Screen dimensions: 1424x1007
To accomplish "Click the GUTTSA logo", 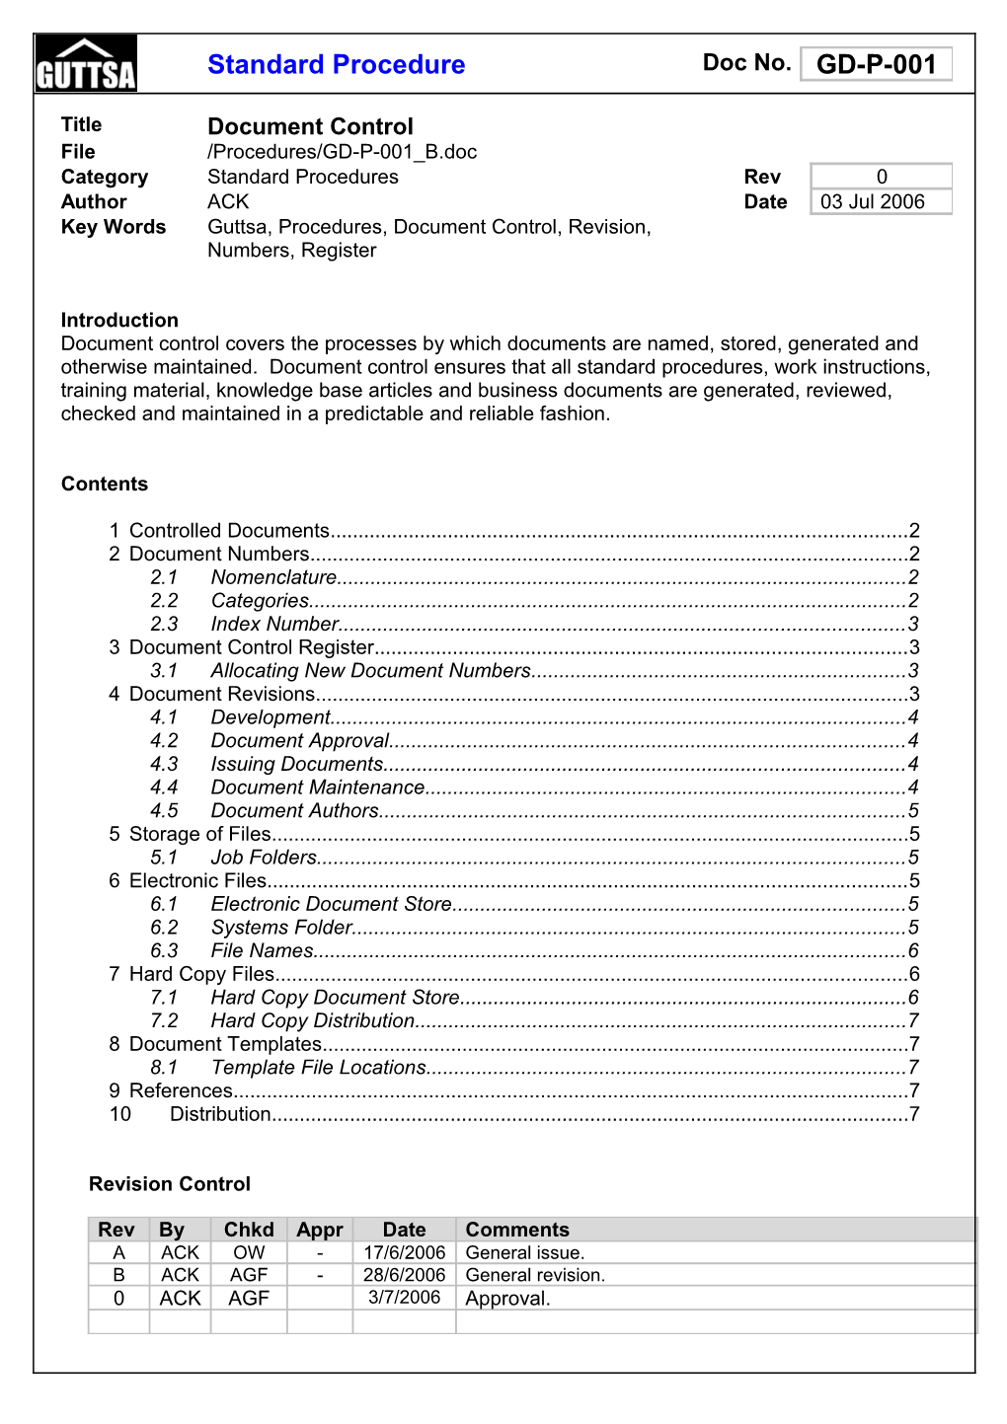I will pos(86,64).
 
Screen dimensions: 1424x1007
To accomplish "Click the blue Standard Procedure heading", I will pos(336,65).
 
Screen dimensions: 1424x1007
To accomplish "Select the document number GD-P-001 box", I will pos(876,65).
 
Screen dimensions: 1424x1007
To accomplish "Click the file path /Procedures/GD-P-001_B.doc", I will pos(342,152).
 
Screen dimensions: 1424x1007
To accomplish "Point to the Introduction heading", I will pos(119,320).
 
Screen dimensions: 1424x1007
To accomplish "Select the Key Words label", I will pos(114,227).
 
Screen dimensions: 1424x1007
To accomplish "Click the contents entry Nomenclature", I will pos(273,577).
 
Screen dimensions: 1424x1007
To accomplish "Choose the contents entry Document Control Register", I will pos(252,647).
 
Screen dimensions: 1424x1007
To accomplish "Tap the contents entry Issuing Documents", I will pos(296,764).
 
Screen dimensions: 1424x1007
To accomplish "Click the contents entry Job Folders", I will pos(264,858).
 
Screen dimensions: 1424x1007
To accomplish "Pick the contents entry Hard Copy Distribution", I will pos(312,1020).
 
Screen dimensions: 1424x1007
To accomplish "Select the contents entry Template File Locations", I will pos(318,1068).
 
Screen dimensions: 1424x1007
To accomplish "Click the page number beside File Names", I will pos(913,950).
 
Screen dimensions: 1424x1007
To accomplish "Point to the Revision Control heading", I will pos(170,1184).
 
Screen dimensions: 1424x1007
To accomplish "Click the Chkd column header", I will pos(249,1230).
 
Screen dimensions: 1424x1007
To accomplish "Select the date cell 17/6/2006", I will pos(404,1252).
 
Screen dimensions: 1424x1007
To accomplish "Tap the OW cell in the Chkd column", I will pos(249,1252).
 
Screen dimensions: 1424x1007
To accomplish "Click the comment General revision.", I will pos(535,1275).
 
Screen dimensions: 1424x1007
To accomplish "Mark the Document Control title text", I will pos(310,126).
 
